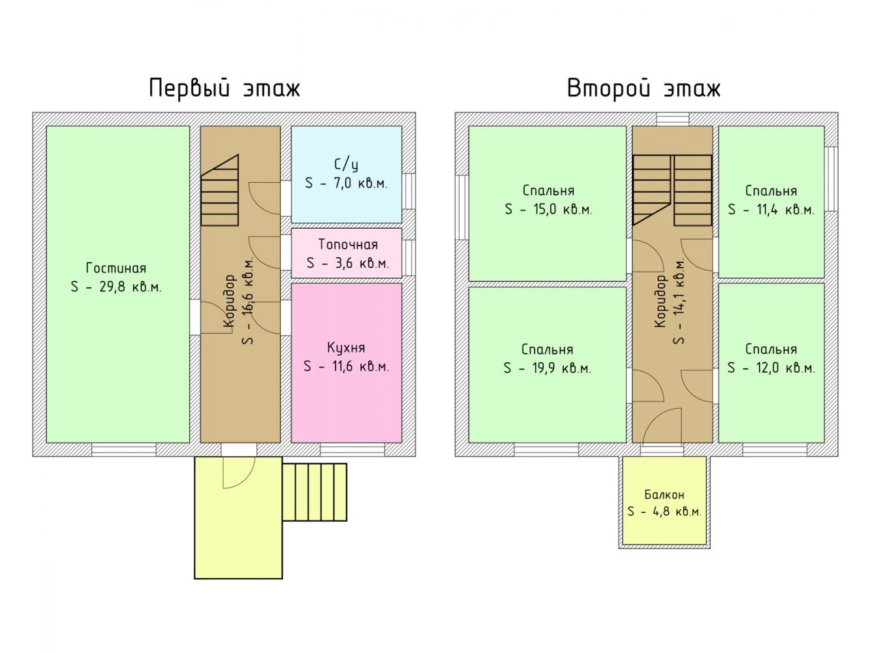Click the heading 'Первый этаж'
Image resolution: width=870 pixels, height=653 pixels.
click(225, 88)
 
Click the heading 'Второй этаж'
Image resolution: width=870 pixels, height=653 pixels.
click(644, 88)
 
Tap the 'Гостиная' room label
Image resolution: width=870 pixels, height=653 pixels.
click(116, 268)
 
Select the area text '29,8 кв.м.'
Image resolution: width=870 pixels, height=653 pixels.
click(131, 287)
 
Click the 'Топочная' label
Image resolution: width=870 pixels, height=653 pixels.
click(348, 244)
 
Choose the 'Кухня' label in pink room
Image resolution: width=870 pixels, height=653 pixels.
click(346, 347)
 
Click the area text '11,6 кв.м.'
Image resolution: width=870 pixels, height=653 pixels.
click(360, 366)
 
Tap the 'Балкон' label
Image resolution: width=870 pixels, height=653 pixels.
click(664, 494)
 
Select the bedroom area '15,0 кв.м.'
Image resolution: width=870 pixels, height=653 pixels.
click(563, 209)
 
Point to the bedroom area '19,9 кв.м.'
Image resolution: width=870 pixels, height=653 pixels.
click(562, 368)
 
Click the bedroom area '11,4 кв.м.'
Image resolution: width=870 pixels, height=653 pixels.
click(785, 209)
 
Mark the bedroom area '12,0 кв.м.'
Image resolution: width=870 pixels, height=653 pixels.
click(786, 368)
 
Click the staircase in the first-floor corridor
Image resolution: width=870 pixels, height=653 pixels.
click(219, 190)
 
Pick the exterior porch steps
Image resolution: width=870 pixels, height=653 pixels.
click(315, 492)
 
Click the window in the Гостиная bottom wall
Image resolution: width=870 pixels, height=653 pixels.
click(124, 450)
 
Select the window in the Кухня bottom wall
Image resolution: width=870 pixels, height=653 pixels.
click(352, 450)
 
